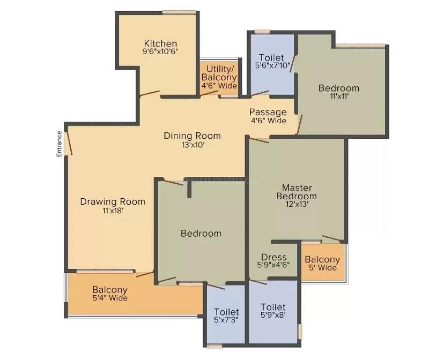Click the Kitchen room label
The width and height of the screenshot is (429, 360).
[160, 43]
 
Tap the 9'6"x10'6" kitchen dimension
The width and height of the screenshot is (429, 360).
[160, 51]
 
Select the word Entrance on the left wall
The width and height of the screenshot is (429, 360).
[59, 144]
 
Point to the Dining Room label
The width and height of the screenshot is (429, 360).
[192, 136]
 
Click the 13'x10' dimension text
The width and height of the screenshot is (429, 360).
[193, 145]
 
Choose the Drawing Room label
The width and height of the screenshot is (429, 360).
[113, 202]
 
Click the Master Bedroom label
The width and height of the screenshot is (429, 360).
[297, 192]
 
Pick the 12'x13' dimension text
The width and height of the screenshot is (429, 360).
[298, 204]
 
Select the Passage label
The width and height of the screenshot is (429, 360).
[268, 112]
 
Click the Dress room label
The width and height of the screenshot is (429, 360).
[273, 257]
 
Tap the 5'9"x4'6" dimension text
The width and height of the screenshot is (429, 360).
[273, 265]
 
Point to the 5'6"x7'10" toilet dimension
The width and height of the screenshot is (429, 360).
[272, 65]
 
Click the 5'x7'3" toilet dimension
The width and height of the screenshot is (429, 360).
[226, 320]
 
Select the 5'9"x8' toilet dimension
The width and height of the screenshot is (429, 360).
[273, 315]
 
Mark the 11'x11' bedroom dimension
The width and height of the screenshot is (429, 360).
[339, 96]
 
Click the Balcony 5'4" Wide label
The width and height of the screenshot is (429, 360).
[110, 293]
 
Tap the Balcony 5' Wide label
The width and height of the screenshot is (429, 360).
[323, 263]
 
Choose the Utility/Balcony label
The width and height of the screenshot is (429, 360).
[219, 77]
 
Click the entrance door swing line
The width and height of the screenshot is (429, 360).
[69, 143]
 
